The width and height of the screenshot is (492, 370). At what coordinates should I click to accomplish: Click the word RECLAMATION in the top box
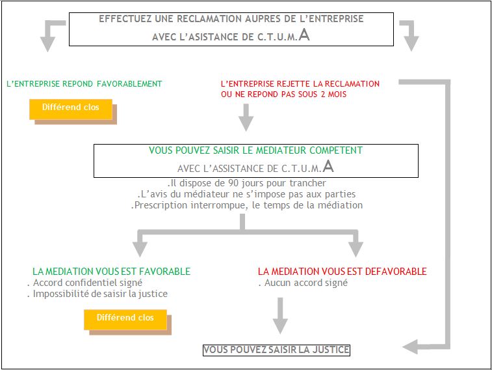(209, 19)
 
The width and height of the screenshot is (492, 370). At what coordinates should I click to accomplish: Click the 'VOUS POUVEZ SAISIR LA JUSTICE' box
(276, 350)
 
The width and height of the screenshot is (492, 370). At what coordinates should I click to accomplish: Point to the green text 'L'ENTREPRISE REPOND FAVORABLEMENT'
(84, 84)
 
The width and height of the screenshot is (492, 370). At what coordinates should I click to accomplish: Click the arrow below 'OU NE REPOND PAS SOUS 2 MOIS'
(246, 117)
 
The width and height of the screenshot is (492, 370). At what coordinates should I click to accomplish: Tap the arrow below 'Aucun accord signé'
(280, 316)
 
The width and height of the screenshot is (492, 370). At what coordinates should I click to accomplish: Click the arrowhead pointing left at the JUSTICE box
(410, 347)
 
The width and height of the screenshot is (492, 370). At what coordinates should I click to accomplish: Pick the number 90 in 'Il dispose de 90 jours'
(233, 183)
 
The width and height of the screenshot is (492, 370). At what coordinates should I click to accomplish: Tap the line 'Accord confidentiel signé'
(84, 283)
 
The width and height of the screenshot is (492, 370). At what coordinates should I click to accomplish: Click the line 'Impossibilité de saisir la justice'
(97, 294)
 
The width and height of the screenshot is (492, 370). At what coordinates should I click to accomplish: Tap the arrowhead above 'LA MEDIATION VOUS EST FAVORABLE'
(140, 249)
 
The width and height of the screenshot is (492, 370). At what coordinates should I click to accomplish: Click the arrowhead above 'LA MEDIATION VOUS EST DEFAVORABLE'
(356, 249)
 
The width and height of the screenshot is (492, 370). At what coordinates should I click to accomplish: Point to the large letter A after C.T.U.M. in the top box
(304, 35)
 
